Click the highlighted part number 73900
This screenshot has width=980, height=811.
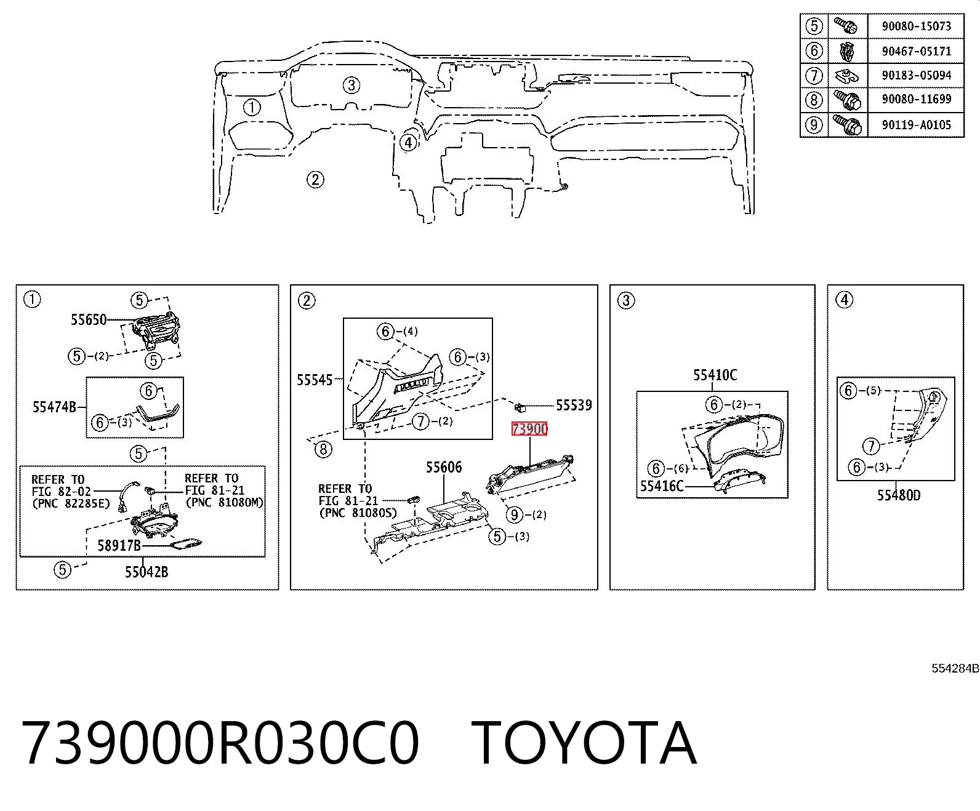pyautogui.click(x=529, y=429)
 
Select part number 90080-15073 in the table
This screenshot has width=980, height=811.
pyautogui.click(x=916, y=26)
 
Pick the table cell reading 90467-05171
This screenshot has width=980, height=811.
pyautogui.click(x=916, y=51)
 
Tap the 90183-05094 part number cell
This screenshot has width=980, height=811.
pyautogui.click(x=916, y=76)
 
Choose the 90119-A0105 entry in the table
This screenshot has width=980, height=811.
pyautogui.click(x=916, y=125)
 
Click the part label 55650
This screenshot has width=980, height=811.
pyautogui.click(x=89, y=319)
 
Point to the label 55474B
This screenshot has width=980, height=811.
pyautogui.click(x=54, y=407)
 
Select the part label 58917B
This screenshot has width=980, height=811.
pyautogui.click(x=119, y=545)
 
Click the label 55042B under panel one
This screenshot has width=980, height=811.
pyautogui.click(x=147, y=572)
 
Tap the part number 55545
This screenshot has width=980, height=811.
pyautogui.click(x=315, y=380)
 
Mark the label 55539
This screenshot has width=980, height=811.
pyautogui.click(x=574, y=405)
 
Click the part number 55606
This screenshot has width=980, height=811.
pyautogui.click(x=444, y=467)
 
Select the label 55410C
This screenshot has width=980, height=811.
pyautogui.click(x=715, y=375)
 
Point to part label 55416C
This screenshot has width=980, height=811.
pyautogui.click(x=662, y=485)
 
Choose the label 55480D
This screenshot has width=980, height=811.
pyautogui.click(x=899, y=495)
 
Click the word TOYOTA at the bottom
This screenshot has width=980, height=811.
pyautogui.click(x=584, y=743)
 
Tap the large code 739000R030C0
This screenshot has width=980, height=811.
pyautogui.click(x=220, y=743)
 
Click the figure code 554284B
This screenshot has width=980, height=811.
pyautogui.click(x=955, y=668)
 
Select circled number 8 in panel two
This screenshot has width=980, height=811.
pyautogui.click(x=323, y=449)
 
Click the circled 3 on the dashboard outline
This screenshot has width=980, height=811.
pyautogui.click(x=351, y=86)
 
